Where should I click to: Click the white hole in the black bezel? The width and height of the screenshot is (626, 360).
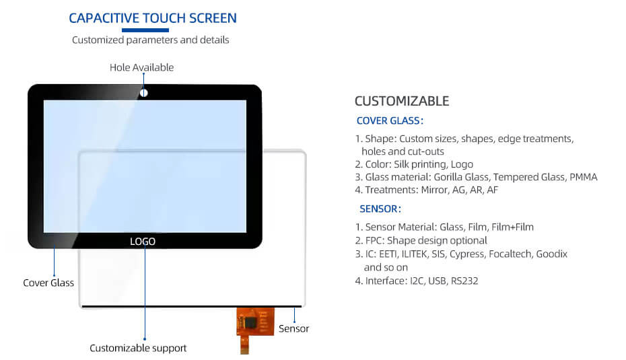click(144, 93)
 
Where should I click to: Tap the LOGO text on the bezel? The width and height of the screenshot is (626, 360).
click(143, 242)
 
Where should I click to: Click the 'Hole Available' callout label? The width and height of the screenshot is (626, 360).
click(142, 67)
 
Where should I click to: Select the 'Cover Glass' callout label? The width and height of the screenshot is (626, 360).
click(48, 283)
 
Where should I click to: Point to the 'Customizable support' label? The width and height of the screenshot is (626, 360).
click(138, 348)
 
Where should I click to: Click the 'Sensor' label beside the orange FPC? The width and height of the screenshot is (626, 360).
click(294, 328)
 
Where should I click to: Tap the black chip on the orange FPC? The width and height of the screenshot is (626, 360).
click(251, 322)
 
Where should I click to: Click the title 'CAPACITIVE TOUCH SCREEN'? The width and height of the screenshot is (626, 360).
click(153, 18)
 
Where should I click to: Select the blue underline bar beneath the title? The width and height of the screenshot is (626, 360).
click(145, 30)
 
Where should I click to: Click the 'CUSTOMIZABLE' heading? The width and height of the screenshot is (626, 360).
click(402, 101)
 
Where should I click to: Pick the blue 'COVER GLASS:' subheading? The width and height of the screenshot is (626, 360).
click(390, 120)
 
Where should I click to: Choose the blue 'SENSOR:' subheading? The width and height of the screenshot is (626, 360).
click(380, 209)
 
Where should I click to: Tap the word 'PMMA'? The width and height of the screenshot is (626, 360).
click(584, 177)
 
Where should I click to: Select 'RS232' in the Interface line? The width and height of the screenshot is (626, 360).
click(464, 281)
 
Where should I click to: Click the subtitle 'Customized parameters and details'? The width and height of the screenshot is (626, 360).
click(151, 40)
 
